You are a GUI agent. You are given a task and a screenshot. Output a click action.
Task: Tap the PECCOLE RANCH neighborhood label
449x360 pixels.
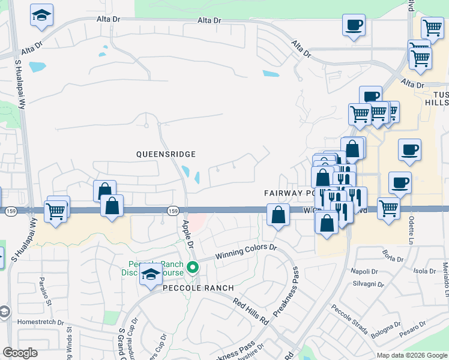point(199,288)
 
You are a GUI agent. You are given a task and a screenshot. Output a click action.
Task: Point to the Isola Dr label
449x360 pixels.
point(424,271)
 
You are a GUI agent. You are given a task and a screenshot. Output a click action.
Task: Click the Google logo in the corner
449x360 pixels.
point(20,353)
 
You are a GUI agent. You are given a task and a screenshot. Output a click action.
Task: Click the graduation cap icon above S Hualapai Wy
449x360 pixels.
point(41,16)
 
